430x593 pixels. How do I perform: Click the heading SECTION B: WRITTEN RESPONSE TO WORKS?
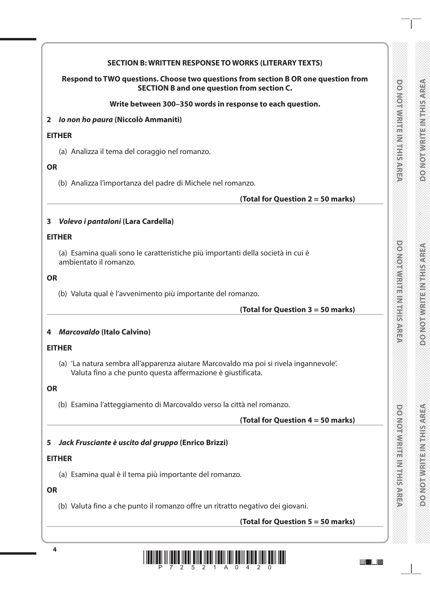click(215, 63)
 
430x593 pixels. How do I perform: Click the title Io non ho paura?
click(85, 120)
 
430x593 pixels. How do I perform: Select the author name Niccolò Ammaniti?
click(148, 120)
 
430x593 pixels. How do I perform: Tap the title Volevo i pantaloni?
click(90, 222)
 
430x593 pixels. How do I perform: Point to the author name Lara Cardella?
click(148, 222)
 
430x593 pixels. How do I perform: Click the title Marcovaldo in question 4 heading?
click(79, 332)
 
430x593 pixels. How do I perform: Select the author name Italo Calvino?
click(126, 332)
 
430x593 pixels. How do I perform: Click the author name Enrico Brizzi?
click(204, 443)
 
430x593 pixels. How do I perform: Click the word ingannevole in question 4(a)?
click(318, 364)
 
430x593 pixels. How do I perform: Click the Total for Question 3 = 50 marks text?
click(297, 310)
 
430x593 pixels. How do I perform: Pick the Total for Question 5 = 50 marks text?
click(297, 522)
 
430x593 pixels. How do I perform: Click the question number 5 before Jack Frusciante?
click(49, 443)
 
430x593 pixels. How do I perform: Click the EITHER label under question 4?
click(59, 348)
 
